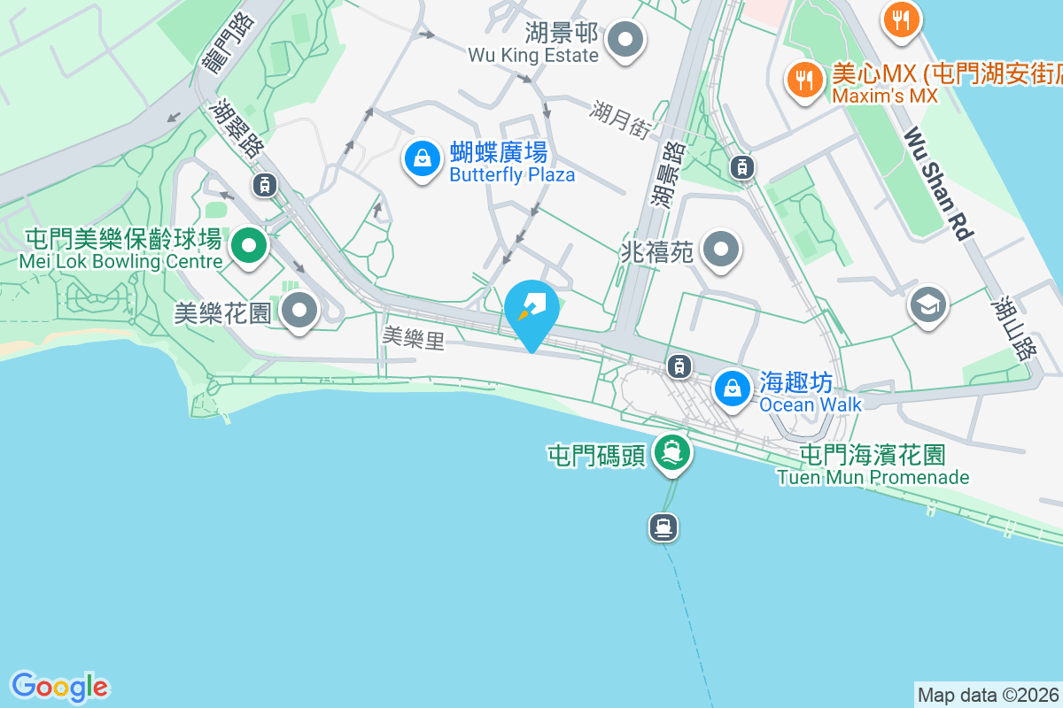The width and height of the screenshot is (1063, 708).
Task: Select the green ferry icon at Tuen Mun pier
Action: (x=672, y=452)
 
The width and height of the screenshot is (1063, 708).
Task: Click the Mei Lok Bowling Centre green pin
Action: (x=250, y=245)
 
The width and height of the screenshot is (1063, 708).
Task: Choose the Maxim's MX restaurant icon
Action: (x=804, y=80)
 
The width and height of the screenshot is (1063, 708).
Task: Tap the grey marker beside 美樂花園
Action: (x=299, y=311)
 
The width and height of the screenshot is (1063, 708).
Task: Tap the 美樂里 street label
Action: (x=413, y=337)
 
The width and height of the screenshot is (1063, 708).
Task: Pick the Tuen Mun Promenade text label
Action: (x=873, y=477)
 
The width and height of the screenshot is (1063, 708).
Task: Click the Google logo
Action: (x=59, y=687)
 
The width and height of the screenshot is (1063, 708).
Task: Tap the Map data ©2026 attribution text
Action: (x=988, y=695)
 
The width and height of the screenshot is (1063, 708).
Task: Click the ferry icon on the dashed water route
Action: (x=663, y=527)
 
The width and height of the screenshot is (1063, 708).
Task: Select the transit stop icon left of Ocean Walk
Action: (x=679, y=365)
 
